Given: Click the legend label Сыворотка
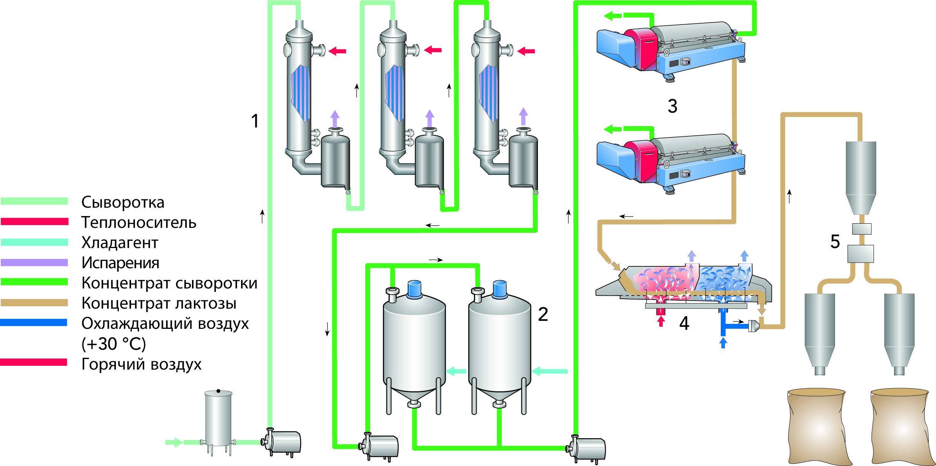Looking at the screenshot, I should [123, 202].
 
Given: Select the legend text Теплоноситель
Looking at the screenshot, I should [139, 223].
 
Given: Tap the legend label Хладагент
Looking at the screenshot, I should [120, 243].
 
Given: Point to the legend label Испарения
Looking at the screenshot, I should [120, 263].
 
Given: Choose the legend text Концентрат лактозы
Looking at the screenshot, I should [159, 303].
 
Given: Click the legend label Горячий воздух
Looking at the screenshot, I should [141, 364].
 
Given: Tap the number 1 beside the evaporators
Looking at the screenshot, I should [255, 121].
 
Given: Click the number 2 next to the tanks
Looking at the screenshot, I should [543, 314].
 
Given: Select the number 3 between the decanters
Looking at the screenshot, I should [672, 106].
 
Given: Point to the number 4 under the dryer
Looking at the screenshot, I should [684, 323].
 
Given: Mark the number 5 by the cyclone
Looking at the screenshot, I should [835, 242].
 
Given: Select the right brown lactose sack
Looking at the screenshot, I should [900, 427].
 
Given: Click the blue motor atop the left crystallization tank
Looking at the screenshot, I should [414, 289].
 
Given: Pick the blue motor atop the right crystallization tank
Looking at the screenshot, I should [499, 289].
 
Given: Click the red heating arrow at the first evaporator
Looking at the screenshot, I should [337, 51].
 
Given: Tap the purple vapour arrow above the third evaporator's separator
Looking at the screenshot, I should [523, 116].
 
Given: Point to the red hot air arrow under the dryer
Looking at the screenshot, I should [661, 322].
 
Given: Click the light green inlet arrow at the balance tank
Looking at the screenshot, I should [174, 442].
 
